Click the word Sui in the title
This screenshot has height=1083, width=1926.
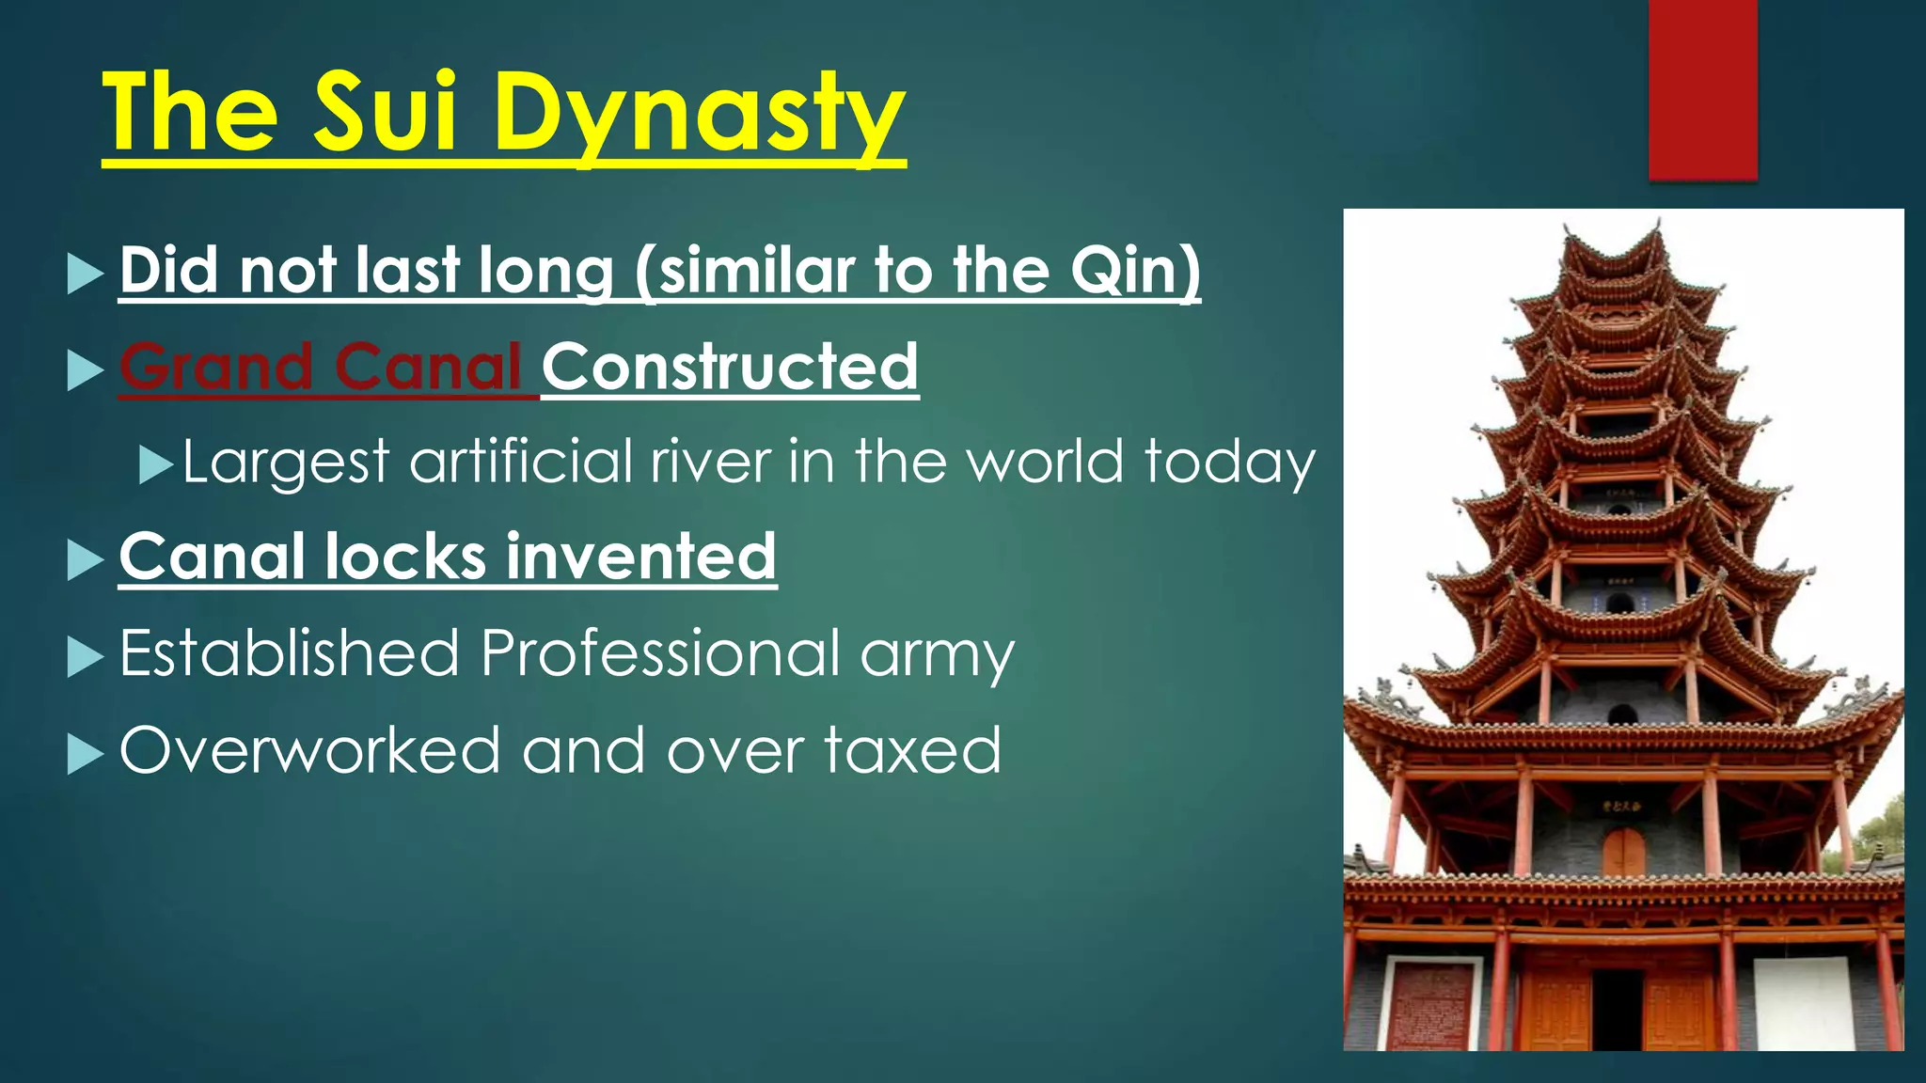(385, 113)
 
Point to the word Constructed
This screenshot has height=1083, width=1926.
(730, 367)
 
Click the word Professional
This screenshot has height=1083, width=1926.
(660, 653)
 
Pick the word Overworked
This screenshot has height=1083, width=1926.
(309, 750)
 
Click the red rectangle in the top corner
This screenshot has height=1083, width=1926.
(1702, 89)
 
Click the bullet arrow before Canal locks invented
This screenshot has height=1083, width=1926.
(86, 560)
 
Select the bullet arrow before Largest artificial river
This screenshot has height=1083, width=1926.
(155, 464)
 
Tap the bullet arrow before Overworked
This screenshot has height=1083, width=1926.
(86, 754)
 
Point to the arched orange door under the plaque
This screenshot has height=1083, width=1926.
(1623, 853)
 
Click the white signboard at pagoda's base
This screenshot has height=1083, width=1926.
(1802, 1003)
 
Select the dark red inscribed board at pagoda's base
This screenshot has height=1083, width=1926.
(1430, 1005)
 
